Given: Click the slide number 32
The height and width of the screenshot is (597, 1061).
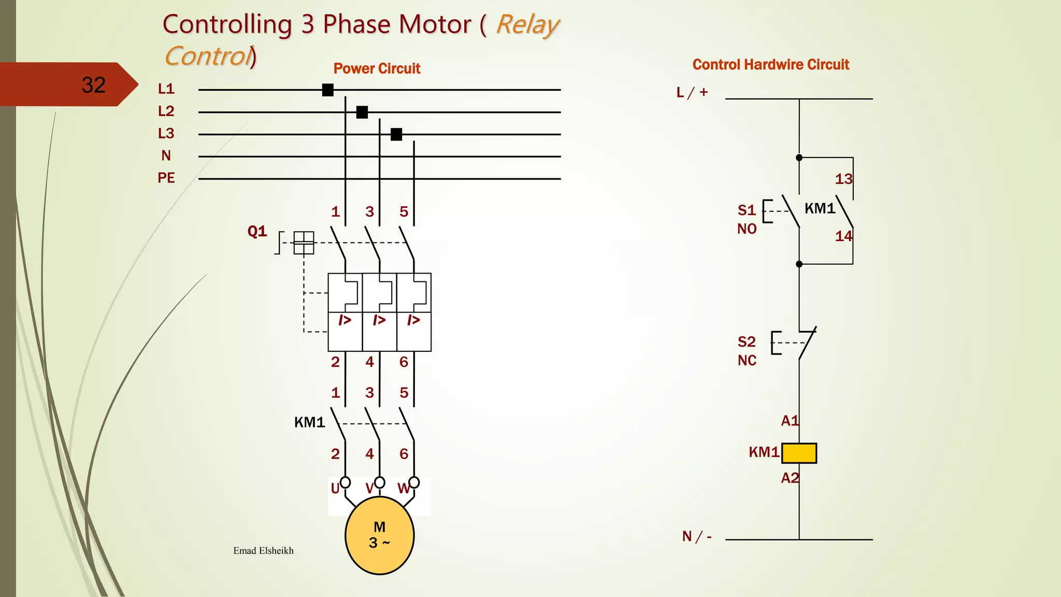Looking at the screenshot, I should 93,85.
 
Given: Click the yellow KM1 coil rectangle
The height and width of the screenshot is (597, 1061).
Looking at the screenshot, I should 799,453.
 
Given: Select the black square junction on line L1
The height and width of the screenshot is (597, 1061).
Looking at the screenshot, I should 327,90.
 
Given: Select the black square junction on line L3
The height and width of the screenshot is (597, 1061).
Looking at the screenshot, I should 396,134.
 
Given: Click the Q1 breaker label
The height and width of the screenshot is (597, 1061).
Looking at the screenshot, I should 257,231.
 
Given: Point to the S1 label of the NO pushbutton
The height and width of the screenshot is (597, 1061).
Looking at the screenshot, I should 747,210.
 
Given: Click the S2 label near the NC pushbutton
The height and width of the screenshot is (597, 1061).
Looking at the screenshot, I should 747,342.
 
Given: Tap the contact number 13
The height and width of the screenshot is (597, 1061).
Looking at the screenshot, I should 843,179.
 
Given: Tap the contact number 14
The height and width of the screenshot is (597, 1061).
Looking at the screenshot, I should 843,236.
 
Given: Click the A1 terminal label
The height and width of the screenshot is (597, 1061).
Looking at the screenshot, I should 790,421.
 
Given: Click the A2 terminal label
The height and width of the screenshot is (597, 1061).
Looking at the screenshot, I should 790,478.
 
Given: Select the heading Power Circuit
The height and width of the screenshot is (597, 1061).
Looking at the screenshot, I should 377,68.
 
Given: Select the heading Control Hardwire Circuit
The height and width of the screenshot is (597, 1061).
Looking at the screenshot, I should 770,65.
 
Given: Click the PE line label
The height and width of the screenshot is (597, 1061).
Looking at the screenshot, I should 166,178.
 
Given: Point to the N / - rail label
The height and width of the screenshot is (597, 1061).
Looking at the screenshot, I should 696,536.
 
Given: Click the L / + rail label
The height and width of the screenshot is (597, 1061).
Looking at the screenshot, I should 692,92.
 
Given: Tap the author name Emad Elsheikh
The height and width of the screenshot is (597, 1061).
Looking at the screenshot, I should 263,550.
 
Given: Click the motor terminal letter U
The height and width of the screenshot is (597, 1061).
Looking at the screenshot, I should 335,488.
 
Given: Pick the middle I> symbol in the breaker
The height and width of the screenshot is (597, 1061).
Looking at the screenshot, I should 379,320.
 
